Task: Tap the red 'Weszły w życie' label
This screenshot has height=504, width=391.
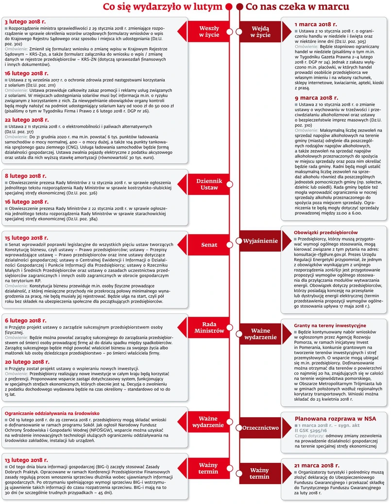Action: [x=209, y=32]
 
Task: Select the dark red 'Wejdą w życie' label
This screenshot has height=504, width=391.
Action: [x=261, y=32]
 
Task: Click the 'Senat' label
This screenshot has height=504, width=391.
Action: [x=209, y=245]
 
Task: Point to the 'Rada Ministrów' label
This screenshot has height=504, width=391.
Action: [x=209, y=327]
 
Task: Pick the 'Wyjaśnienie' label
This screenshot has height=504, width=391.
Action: [x=261, y=241]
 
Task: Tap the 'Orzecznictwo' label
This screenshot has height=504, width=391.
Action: [x=261, y=428]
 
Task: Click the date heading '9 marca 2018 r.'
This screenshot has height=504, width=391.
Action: [x=316, y=98]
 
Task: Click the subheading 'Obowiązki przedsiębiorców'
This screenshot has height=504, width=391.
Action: [x=326, y=232]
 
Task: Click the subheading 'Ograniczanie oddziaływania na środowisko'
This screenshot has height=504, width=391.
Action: [x=52, y=413]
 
